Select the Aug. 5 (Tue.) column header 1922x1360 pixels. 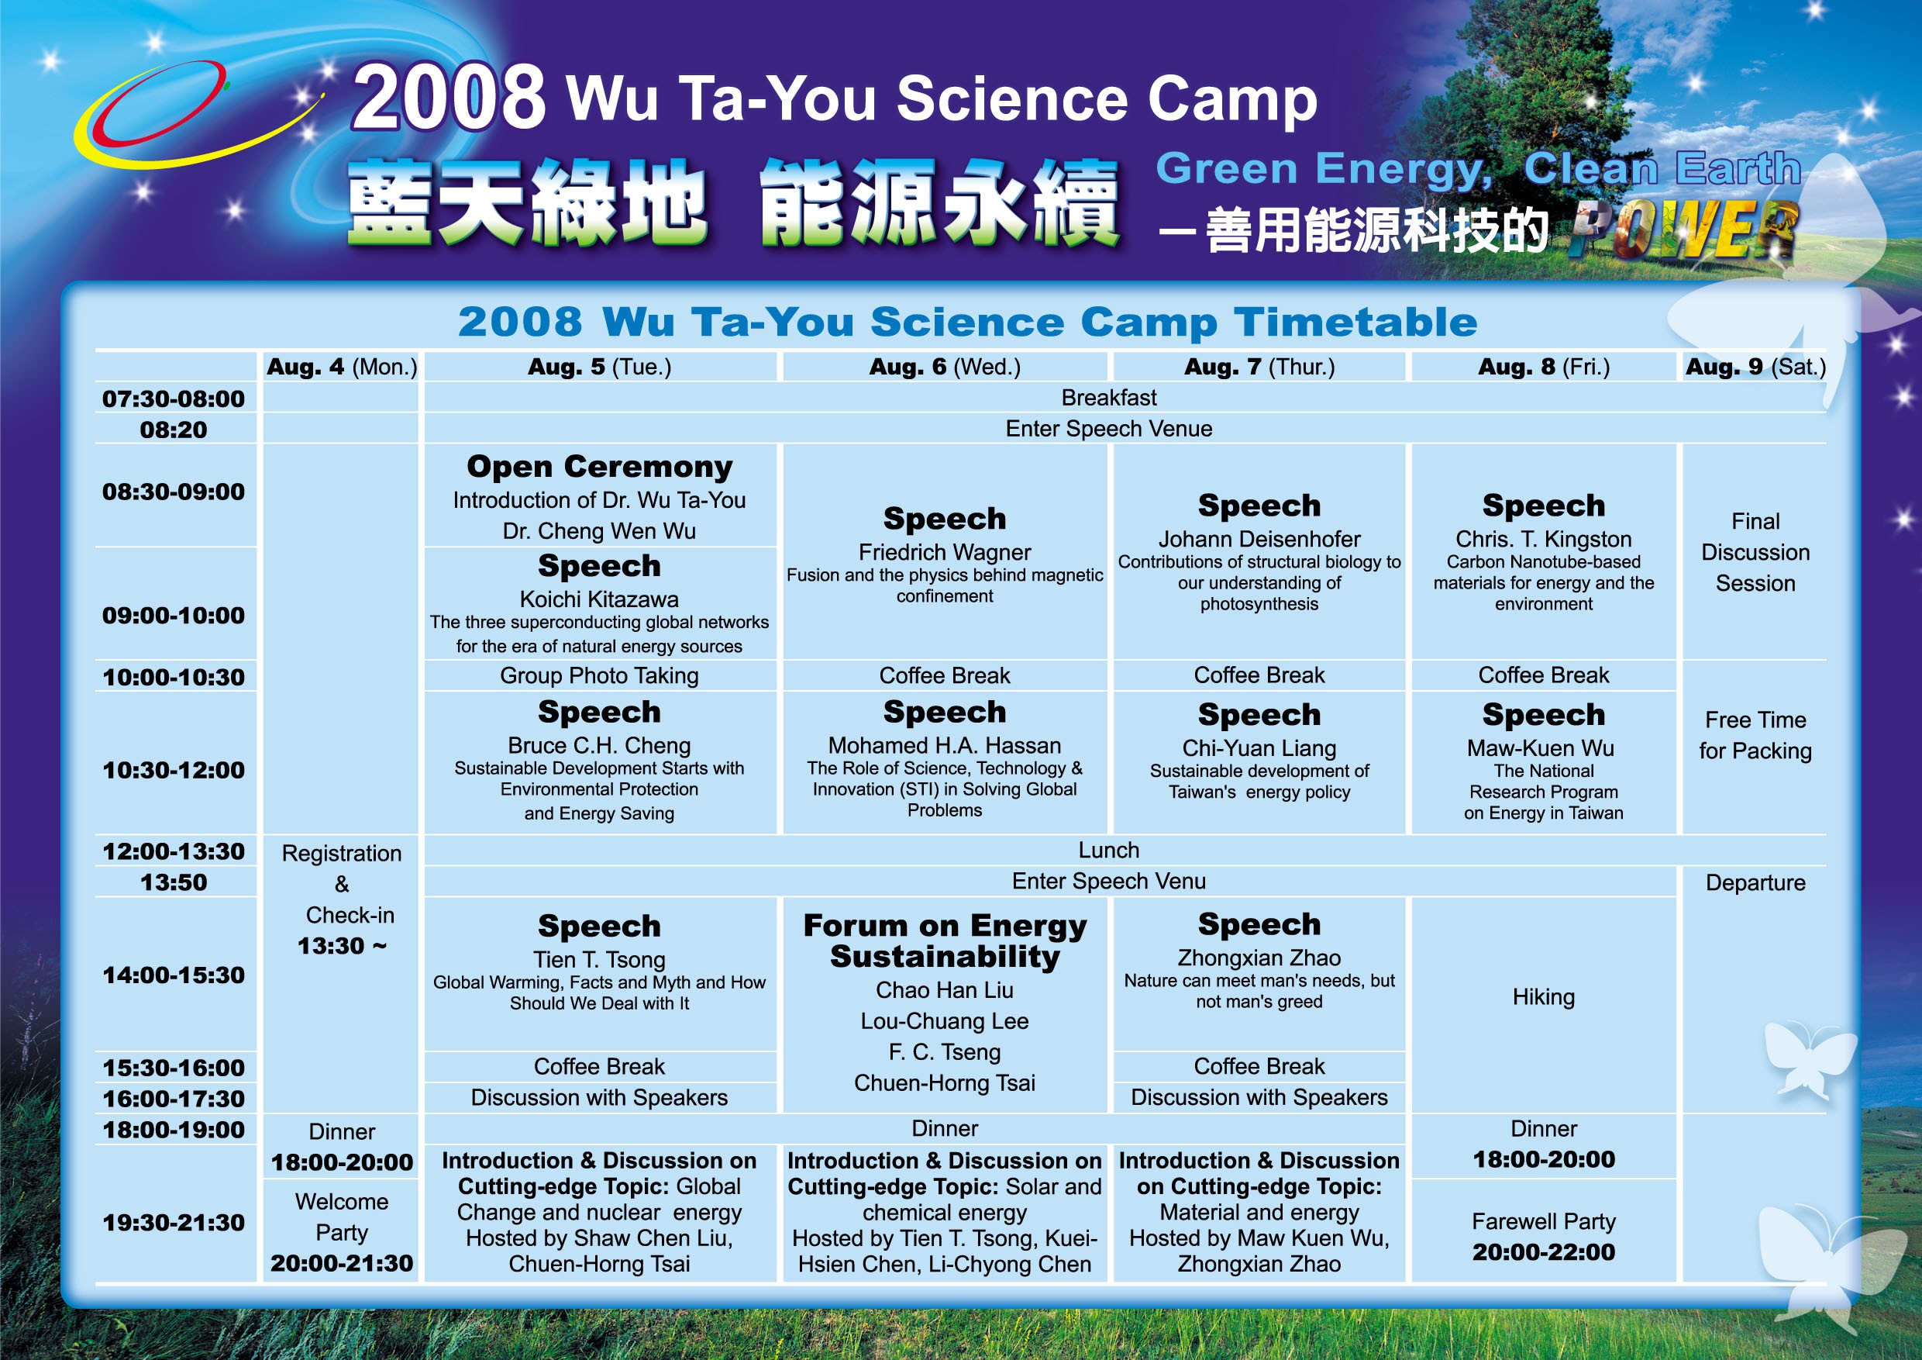click(599, 367)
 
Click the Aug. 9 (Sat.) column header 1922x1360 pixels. click(1755, 367)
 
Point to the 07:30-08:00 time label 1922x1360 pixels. click(174, 399)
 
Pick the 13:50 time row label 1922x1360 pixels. click(174, 882)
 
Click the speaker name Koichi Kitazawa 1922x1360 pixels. click(599, 599)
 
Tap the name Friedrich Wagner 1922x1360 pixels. click(944, 552)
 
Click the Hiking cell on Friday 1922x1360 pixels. click(1544, 996)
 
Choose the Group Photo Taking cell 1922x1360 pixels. click(599, 675)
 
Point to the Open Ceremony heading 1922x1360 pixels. click(599, 467)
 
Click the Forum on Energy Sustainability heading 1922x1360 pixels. click(945, 941)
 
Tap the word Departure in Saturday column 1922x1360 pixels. click(1755, 882)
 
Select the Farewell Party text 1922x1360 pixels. click(1544, 1222)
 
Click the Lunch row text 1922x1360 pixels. click(1108, 850)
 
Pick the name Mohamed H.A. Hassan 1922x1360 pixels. click(944, 745)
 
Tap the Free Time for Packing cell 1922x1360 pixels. click(1755, 735)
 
